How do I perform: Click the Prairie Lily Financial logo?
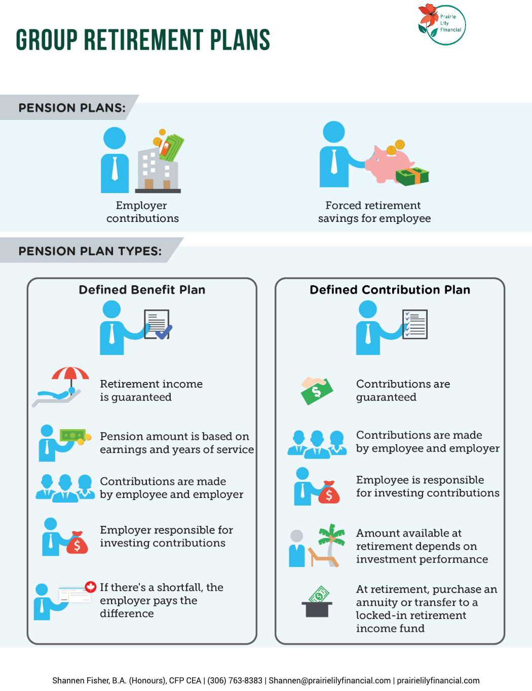pos(441,24)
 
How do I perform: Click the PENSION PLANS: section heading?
pos(72,108)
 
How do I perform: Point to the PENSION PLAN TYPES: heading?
pos(90,251)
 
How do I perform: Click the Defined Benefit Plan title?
pos(142,290)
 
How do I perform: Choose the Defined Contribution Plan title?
pos(390,290)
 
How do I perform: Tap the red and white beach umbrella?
pos(70,375)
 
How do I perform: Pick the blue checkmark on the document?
pos(163,332)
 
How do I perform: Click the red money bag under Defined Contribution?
pos(329,492)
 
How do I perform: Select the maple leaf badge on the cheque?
pos(91,587)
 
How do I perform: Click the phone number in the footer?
pos(235,680)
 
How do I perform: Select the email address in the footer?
pos(329,680)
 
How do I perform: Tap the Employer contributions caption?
pos(142,212)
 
